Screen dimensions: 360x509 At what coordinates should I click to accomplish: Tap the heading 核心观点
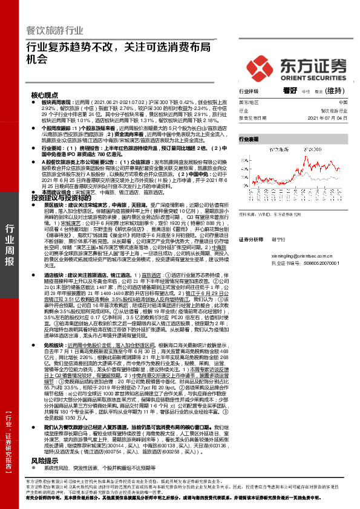(45, 96)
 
